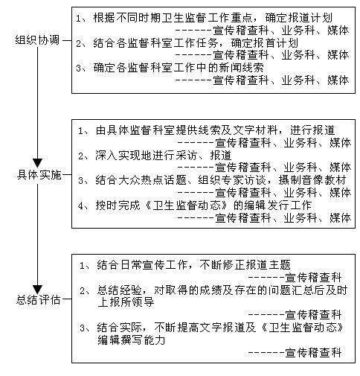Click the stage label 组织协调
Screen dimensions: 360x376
[x=38, y=40]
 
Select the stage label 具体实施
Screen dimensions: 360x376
[x=39, y=175]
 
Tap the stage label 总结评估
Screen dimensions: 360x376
[x=39, y=300]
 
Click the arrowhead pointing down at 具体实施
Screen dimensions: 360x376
[x=38, y=163]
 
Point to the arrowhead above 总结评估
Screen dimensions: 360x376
[x=38, y=290]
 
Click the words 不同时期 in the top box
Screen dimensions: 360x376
[x=138, y=18]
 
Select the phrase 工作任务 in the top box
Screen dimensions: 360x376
[x=196, y=43]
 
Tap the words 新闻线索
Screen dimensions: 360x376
[x=241, y=68]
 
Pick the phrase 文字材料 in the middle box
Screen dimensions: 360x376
[x=255, y=130]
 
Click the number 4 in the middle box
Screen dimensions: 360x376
[x=80, y=205]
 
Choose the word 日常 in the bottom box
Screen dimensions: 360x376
[x=131, y=265]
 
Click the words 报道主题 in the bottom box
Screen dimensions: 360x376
[x=268, y=265]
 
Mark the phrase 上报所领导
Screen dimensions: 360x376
[x=126, y=302]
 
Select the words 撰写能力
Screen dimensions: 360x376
[x=143, y=340]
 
